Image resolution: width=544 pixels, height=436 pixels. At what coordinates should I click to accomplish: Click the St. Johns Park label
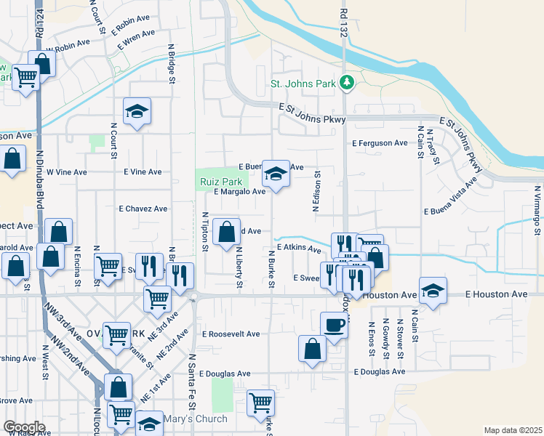pos(303,84)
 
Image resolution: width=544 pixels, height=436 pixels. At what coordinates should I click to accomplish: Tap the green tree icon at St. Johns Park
pos(348,83)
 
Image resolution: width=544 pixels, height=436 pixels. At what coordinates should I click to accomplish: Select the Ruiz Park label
pos(220,182)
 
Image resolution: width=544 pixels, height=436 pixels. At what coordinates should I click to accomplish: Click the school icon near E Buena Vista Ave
pos(276,174)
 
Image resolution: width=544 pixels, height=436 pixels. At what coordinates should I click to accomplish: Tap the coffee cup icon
pos(334,324)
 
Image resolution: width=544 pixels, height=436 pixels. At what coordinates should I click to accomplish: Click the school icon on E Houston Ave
pos(433,291)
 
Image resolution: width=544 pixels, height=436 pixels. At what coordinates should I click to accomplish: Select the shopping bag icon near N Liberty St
pos(226,233)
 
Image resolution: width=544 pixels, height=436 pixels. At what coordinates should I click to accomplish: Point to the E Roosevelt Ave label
pos(231,334)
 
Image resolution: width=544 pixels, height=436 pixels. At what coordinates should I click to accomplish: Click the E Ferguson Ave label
pos(380,143)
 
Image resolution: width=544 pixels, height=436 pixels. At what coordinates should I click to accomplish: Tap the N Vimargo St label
pos(536,211)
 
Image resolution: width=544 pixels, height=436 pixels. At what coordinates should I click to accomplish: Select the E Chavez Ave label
pos(143,209)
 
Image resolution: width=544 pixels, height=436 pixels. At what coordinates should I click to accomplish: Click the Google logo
pos(24,427)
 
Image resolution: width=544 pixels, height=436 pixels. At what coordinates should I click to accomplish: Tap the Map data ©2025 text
pos(512,430)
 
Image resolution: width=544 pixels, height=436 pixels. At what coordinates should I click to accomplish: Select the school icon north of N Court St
pos(137,111)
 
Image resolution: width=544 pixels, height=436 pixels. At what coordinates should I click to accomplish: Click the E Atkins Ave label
pos(299,249)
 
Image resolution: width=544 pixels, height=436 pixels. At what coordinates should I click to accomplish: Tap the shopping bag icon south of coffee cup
pos(312,348)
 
